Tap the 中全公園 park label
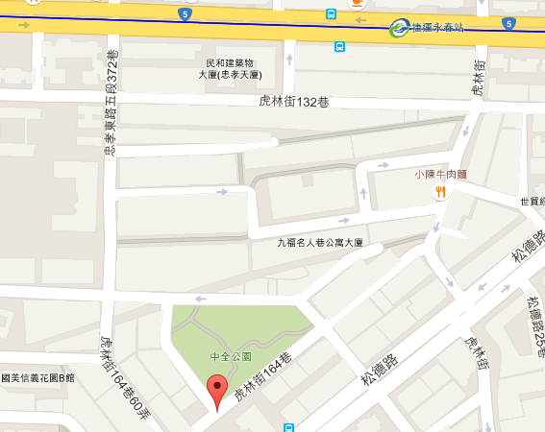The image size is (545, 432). [x=231, y=356]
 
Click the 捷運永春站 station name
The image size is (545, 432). [x=437, y=27]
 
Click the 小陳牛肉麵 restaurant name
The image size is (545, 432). [x=440, y=175]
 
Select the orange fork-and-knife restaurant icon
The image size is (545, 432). [x=441, y=191]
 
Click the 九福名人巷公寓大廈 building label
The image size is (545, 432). [x=319, y=243]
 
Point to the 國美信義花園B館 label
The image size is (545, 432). [x=37, y=378]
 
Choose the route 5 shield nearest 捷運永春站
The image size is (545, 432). [x=508, y=22]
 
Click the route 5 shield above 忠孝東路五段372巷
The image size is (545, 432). [x=184, y=14]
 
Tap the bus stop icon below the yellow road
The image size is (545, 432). [x=340, y=46]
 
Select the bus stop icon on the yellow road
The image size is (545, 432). [x=331, y=15]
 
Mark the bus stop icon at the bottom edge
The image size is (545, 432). [x=288, y=427]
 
